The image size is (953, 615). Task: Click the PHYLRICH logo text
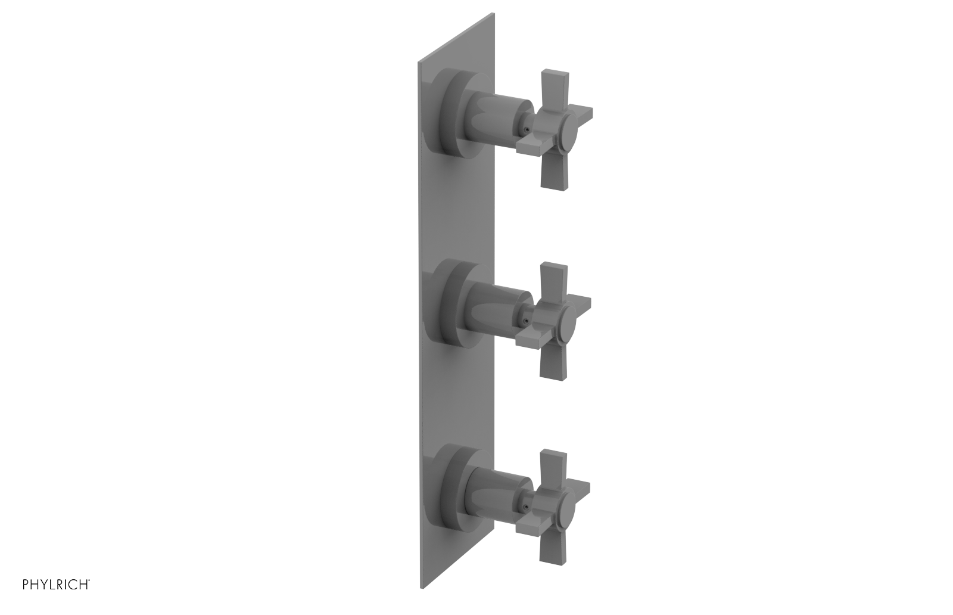(56, 584)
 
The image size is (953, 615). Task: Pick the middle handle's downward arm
(551, 361)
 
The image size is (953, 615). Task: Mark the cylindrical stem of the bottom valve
(494, 499)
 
